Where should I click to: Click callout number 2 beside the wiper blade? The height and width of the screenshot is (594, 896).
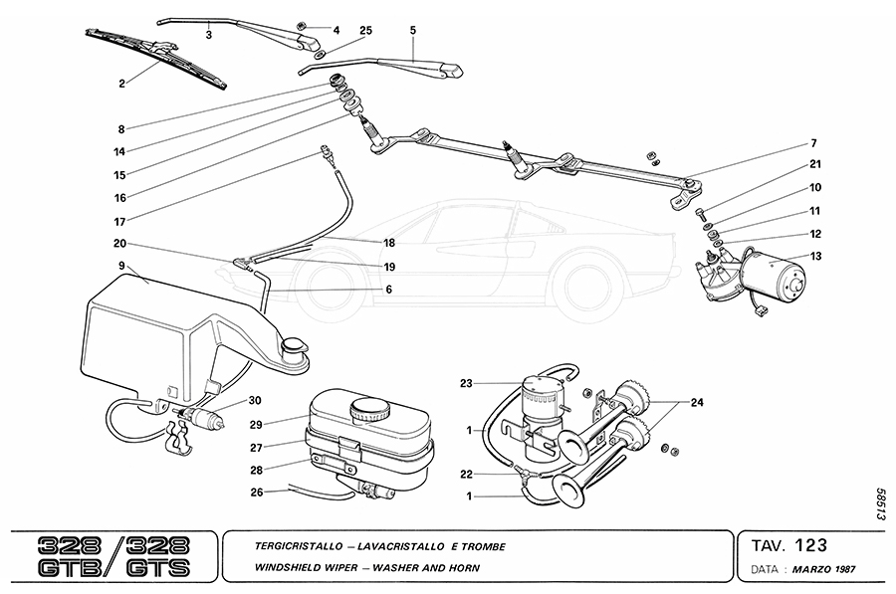click(x=121, y=84)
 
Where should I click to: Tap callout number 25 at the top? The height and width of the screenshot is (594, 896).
click(x=365, y=32)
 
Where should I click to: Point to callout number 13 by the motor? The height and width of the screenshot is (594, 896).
click(x=816, y=256)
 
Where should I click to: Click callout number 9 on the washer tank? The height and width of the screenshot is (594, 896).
click(x=120, y=266)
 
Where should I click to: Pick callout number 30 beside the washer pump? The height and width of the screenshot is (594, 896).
click(x=255, y=401)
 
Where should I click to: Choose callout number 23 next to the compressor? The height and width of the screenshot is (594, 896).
click(x=465, y=382)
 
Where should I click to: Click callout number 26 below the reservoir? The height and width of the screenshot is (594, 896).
click(x=257, y=492)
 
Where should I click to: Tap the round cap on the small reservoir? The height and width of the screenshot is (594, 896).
click(x=369, y=408)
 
